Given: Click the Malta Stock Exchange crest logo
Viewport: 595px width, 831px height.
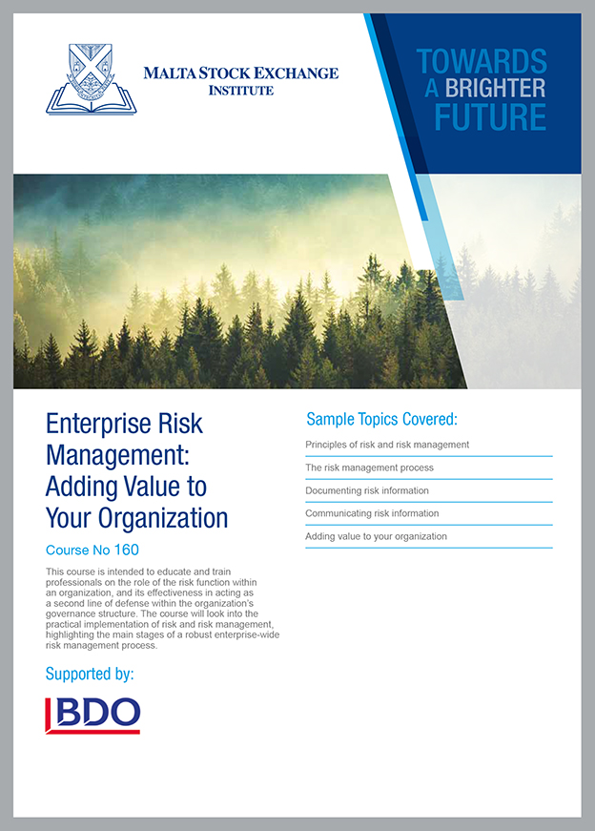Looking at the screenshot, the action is coord(92,79).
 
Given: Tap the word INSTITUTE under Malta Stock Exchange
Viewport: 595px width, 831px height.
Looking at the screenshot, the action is coord(241,91).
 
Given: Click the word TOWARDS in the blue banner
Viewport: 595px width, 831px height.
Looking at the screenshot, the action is coord(482,61).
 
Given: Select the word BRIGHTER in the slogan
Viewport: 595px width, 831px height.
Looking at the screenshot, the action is coord(495,88).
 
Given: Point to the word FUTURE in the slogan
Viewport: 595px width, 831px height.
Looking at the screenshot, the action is coord(490,117).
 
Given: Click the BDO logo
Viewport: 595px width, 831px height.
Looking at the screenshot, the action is coord(92,716).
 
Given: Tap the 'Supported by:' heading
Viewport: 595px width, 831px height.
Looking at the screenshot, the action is coord(90,675).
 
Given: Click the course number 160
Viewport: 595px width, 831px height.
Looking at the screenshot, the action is coord(126,550).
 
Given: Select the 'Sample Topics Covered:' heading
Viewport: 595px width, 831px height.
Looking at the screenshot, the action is coord(381,419).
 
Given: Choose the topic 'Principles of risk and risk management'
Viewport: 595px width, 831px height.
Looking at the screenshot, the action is coord(387,445).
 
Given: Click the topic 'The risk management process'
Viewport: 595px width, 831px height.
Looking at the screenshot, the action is coord(369,467).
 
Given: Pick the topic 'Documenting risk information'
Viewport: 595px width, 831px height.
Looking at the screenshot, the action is coord(367,490).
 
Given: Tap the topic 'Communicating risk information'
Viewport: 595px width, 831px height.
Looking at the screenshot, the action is coord(372,513).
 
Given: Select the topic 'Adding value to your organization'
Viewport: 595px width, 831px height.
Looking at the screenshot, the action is coord(377,536).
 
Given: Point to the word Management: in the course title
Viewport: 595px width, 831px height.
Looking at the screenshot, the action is coord(117,455).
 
